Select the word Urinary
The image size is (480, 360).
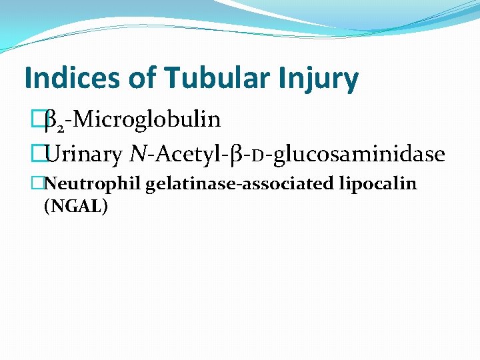pos(84,155)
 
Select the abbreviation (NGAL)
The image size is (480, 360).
pos(75,206)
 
